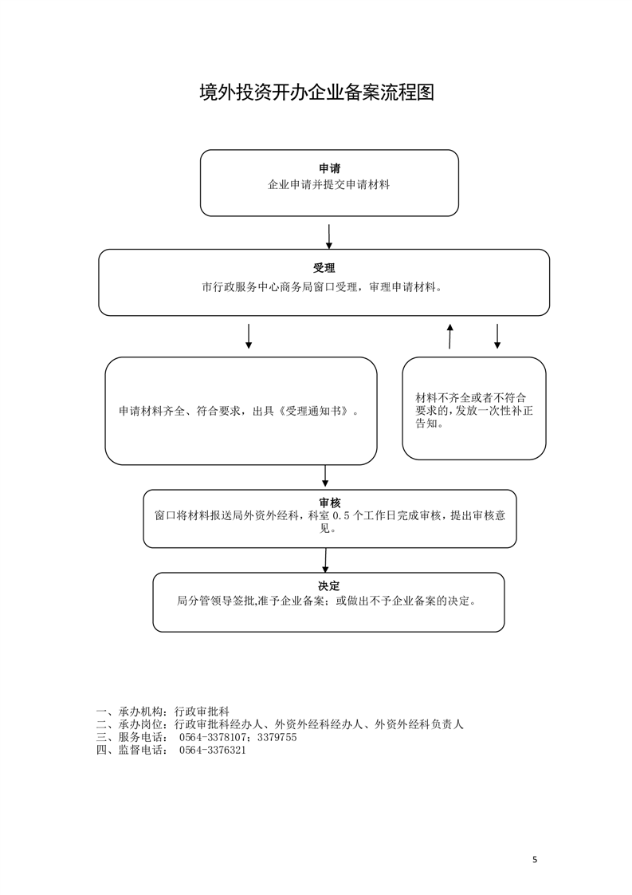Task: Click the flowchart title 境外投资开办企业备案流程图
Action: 316,93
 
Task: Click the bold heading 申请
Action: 329,168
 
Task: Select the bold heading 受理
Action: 324,268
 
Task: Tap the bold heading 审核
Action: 330,503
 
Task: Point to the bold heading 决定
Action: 328,586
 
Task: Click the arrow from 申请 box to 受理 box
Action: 329,236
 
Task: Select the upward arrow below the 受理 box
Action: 450,336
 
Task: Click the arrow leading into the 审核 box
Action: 325,476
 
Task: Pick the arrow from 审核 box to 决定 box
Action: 326,561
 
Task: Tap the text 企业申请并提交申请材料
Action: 329,185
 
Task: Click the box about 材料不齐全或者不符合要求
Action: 474,408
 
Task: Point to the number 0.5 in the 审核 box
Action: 340,515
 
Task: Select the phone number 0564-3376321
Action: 212,750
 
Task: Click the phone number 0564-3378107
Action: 212,738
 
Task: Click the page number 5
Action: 535,859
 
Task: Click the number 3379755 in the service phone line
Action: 277,738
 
